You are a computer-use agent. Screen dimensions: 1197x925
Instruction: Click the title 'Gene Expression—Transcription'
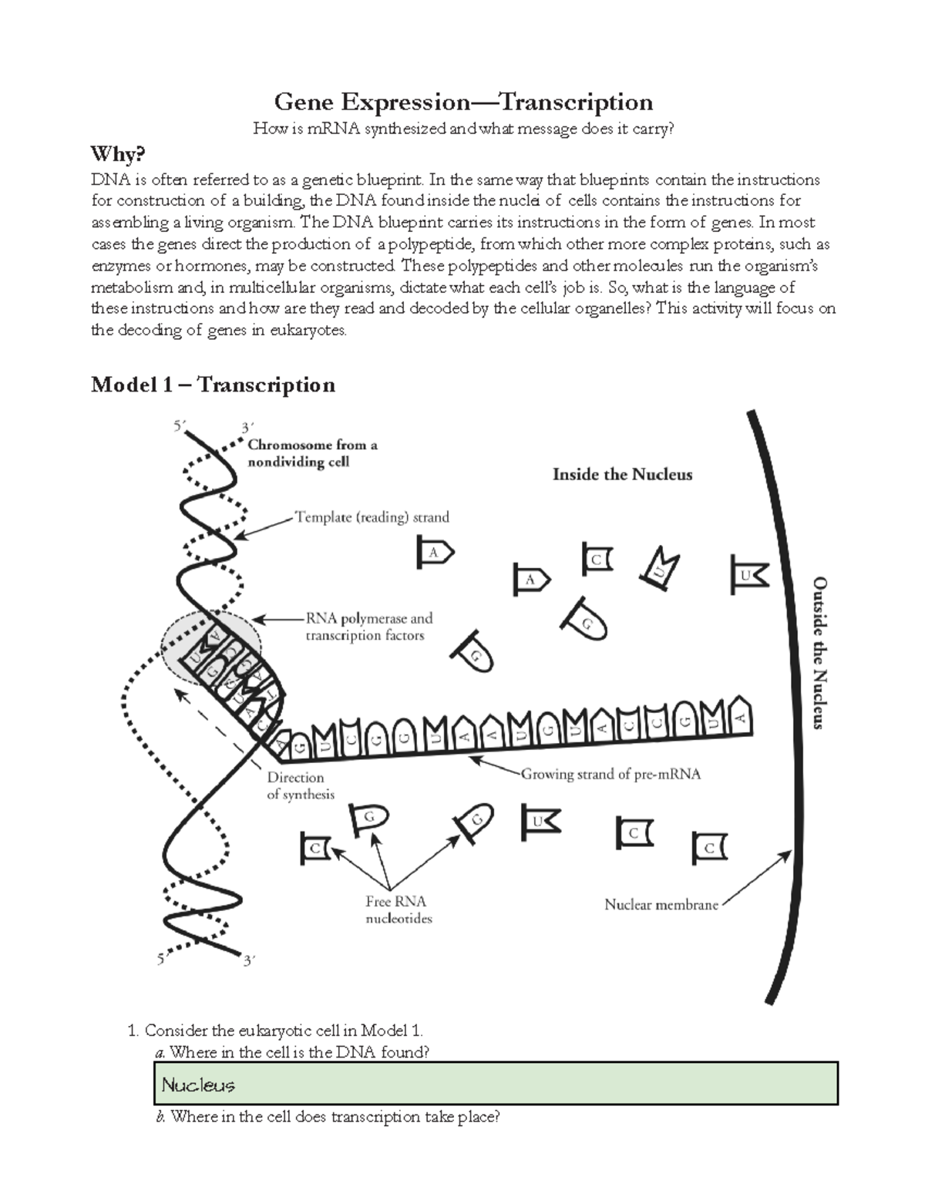(463, 102)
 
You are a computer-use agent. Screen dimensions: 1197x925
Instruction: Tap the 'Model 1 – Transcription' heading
(213, 385)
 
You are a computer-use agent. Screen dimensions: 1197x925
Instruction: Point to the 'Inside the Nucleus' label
(622, 475)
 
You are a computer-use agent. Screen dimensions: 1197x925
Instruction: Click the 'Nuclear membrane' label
(661, 904)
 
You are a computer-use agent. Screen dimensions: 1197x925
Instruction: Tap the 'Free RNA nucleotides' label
(398, 910)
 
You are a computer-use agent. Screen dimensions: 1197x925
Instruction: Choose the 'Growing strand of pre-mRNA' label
(610, 774)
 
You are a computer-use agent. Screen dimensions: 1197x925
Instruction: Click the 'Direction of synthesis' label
(300, 785)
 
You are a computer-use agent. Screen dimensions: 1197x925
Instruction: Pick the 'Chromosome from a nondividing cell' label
(311, 453)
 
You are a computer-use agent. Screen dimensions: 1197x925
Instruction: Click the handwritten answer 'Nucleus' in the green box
(198, 1085)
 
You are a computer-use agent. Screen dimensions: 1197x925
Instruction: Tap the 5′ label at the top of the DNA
(179, 425)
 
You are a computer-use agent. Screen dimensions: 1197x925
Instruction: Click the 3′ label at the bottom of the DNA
(249, 961)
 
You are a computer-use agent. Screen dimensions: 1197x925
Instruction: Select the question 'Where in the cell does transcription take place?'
(327, 1116)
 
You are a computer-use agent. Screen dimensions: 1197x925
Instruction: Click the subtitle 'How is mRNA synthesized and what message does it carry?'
(463, 129)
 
